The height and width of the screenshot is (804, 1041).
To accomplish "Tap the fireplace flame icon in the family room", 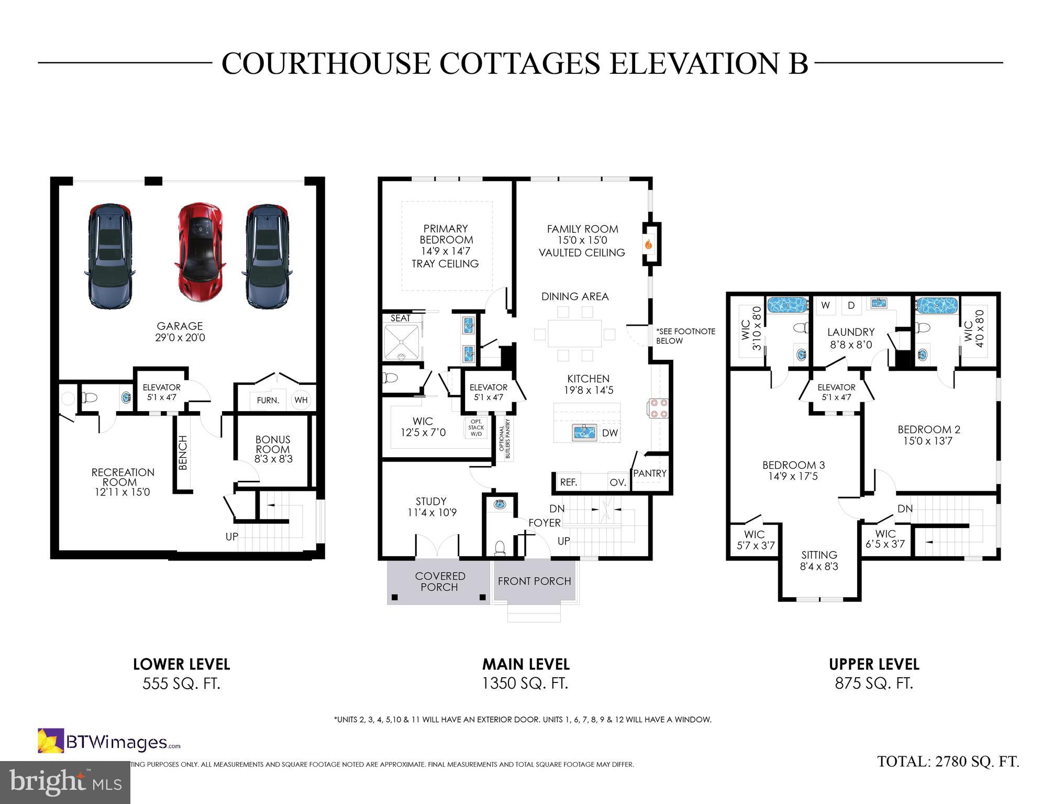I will (648, 244).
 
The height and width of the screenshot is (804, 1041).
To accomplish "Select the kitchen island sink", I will (585, 432).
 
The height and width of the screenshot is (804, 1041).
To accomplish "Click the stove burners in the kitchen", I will (658, 408).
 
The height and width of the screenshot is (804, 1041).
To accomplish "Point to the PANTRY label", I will (650, 473).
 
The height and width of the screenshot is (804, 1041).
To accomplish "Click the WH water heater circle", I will (301, 400).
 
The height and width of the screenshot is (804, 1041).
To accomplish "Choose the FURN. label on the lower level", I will (268, 400).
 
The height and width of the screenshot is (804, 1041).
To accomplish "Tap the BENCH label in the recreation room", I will (183, 453).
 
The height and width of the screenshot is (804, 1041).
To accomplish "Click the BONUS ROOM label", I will (273, 444).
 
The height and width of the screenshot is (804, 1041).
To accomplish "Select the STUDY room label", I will (431, 501).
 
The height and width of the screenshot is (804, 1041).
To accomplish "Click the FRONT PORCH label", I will (534, 581).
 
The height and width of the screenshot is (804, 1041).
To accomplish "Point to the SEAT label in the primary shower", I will (401, 318).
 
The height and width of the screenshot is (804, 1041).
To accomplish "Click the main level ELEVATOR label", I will (489, 388).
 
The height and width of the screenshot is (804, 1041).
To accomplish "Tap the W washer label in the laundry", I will (825, 305).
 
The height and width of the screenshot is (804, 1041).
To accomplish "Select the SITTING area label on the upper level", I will (819, 555).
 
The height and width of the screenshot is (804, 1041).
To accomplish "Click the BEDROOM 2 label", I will (929, 429).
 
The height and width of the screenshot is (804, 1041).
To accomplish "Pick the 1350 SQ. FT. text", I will (525, 684).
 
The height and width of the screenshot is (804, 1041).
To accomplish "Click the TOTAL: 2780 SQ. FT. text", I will (948, 762).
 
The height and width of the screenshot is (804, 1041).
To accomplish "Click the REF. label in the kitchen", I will (569, 482).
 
